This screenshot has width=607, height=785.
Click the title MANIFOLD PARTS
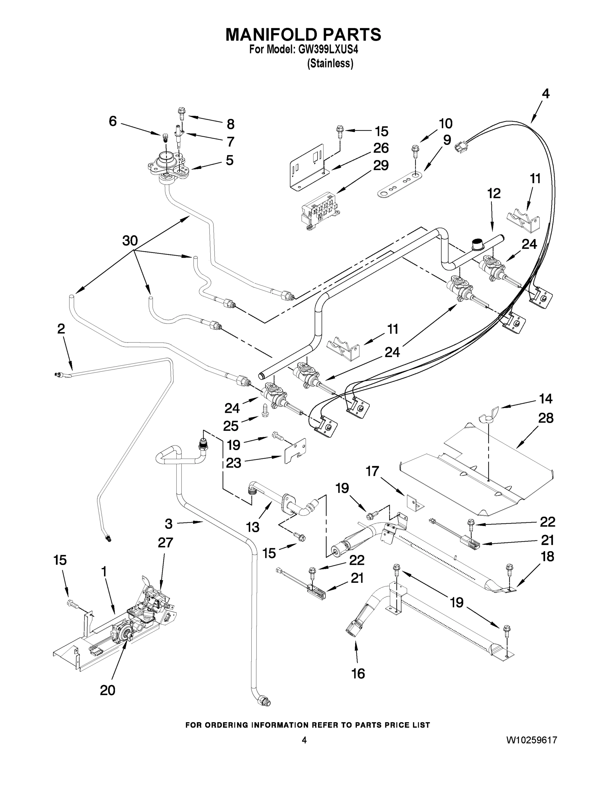[303, 34]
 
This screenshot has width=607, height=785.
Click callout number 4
[545, 94]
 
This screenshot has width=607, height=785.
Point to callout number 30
[130, 240]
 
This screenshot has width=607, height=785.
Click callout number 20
[108, 690]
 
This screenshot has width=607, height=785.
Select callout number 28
[545, 418]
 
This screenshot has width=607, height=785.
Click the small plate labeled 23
[295, 451]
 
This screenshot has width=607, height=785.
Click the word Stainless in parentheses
[330, 64]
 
